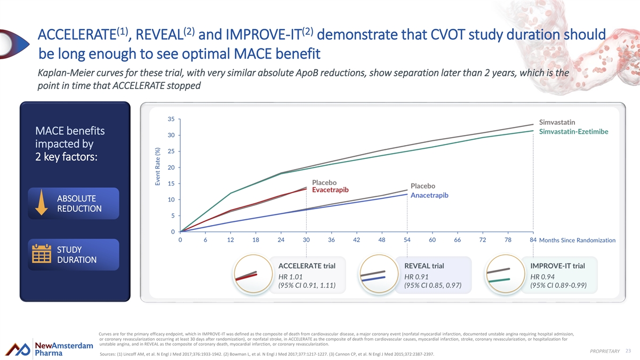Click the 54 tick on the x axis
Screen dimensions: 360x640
point(407,241)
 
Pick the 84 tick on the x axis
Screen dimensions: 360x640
point(533,241)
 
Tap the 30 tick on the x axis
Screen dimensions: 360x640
point(306,241)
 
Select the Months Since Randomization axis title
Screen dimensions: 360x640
point(577,241)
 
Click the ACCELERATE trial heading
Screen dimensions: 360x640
point(307,266)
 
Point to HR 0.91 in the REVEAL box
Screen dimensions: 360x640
point(417,276)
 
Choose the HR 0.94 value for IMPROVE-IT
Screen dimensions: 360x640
point(542,276)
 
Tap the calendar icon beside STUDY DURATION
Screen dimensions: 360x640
point(41,254)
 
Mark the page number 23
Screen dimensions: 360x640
point(628,350)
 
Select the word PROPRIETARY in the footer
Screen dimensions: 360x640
point(605,350)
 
